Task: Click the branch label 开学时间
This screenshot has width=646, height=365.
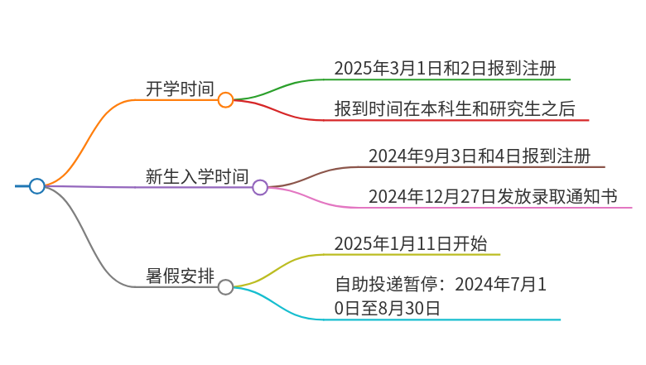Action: [x=180, y=89]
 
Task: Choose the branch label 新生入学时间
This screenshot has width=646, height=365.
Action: [x=197, y=176]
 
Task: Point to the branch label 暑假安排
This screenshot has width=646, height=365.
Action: [x=180, y=276]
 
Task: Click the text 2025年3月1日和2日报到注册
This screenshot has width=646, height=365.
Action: [x=445, y=69]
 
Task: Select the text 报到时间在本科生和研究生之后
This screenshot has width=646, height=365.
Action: [x=455, y=108]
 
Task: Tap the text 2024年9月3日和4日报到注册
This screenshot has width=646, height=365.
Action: [x=480, y=156]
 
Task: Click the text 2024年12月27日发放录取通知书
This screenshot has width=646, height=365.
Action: [x=493, y=196]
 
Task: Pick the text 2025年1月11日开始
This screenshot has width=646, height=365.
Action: [x=410, y=243]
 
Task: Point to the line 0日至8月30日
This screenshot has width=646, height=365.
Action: [x=387, y=308]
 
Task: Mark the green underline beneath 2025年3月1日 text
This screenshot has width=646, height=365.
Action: [x=447, y=79]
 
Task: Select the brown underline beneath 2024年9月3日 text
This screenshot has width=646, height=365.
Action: [x=482, y=166]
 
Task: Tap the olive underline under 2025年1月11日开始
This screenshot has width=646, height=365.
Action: [x=412, y=254]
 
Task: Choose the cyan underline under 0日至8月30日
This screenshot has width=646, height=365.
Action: [x=442, y=319]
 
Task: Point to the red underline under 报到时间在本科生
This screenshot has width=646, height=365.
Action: [x=456, y=120]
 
